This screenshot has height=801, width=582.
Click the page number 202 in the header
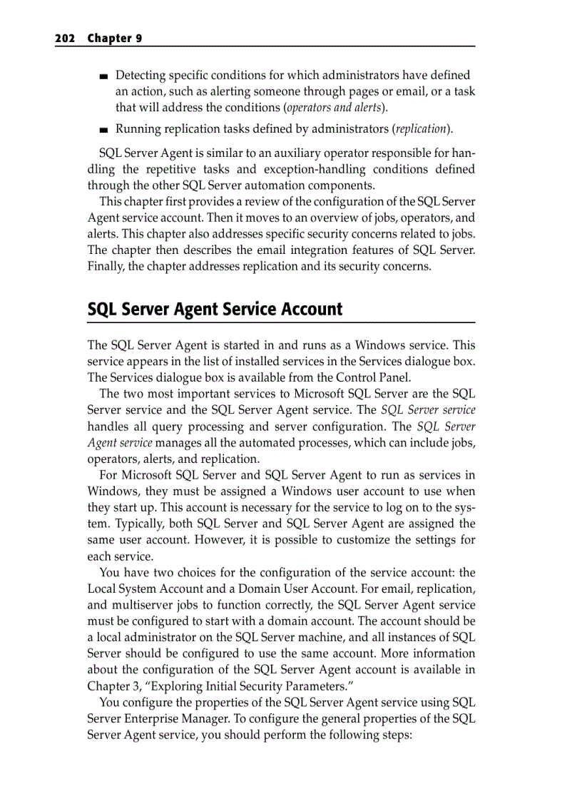click(x=65, y=39)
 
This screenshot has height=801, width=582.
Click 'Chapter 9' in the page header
click(x=114, y=39)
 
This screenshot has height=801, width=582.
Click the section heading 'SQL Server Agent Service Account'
click(x=215, y=310)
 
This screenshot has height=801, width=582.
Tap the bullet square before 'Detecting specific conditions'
click(x=104, y=76)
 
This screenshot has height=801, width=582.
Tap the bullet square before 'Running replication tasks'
click(x=104, y=131)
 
